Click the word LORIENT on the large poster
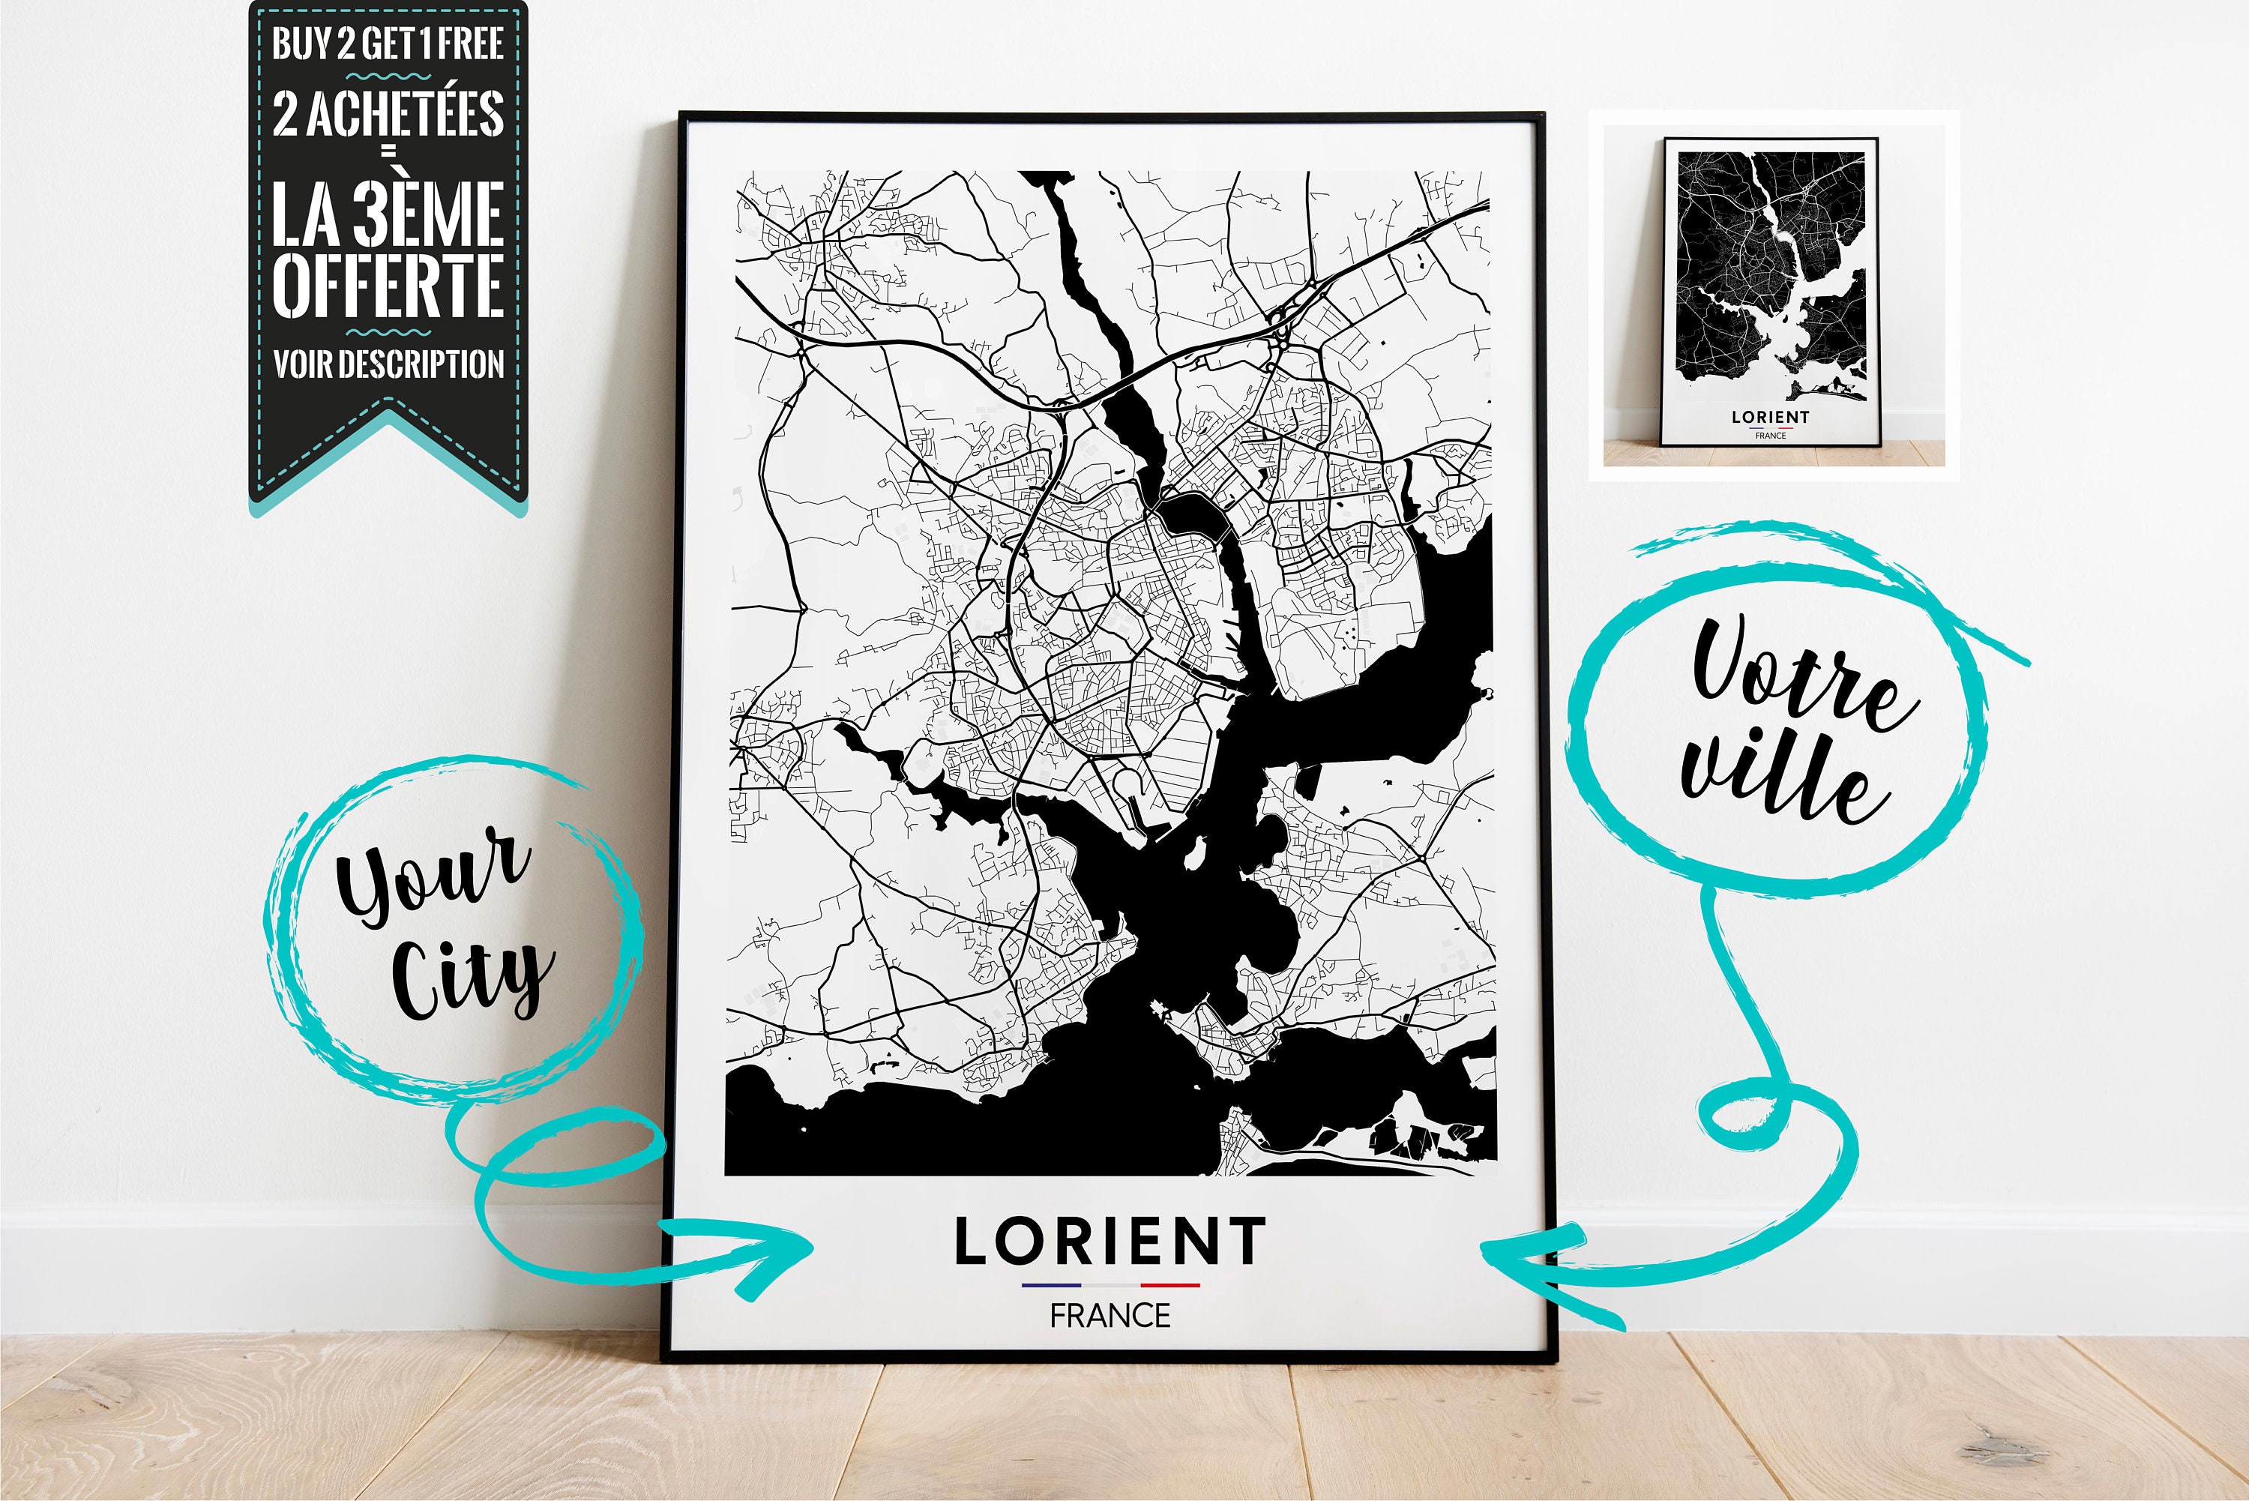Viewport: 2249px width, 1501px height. tap(1110, 1242)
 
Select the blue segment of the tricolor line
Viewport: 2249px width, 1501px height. tap(1051, 1284)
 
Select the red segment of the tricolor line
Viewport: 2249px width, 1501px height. tap(1169, 1284)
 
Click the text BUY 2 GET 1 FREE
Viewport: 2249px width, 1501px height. tap(388, 43)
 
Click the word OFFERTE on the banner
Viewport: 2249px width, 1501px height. tap(388, 284)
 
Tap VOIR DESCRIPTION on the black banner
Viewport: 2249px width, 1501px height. tap(388, 364)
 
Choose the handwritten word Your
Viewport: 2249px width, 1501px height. tap(430, 876)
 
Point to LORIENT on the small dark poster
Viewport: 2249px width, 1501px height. tap(1771, 418)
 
